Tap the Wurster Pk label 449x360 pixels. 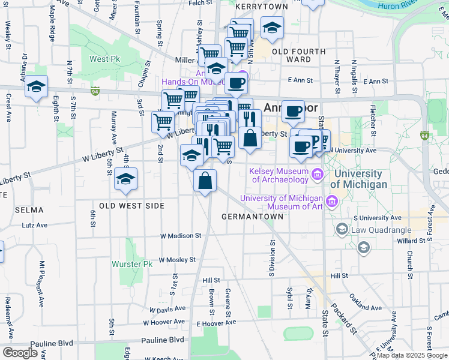(x=132, y=264)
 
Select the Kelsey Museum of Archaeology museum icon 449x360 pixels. (x=318, y=175)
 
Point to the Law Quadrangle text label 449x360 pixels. (x=382, y=229)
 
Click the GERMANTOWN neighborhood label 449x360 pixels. (x=252, y=216)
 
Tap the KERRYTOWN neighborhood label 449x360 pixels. (x=262, y=6)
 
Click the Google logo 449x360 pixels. (x=20, y=352)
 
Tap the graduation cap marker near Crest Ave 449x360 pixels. (x=36, y=87)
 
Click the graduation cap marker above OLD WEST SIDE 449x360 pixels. (x=125, y=179)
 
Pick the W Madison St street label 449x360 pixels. (x=180, y=236)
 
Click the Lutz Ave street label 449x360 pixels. (x=34, y=226)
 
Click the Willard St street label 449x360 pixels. (x=411, y=241)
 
